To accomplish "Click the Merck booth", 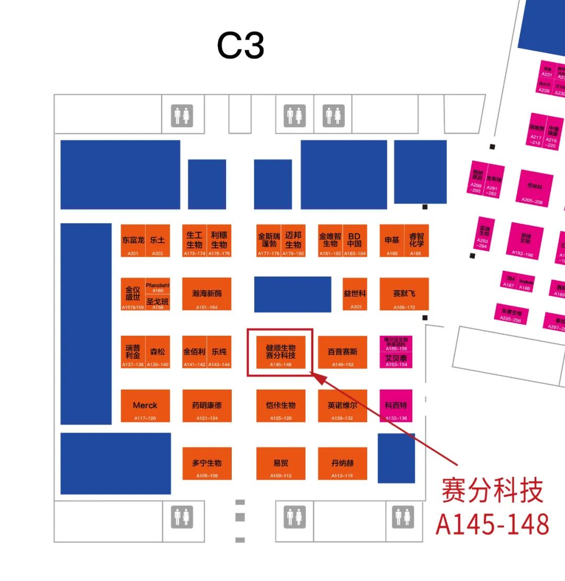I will click(145, 406).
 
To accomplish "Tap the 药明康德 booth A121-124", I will click(207, 406).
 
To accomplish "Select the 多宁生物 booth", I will click(207, 463).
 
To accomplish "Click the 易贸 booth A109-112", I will click(281, 463).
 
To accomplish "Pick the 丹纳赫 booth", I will click(342, 463).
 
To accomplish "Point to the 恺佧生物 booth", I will click(281, 406).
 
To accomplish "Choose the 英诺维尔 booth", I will click(342, 406).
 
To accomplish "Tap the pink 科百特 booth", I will click(396, 406).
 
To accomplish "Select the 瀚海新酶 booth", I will click(207, 294).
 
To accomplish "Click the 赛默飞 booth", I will click(404, 294).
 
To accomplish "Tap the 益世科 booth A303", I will click(355, 294).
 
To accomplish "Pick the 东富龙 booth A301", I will click(133, 241).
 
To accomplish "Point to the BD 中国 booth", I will click(355, 241).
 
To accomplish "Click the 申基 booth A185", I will click(392, 241).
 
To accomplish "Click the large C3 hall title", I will click(241, 46).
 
